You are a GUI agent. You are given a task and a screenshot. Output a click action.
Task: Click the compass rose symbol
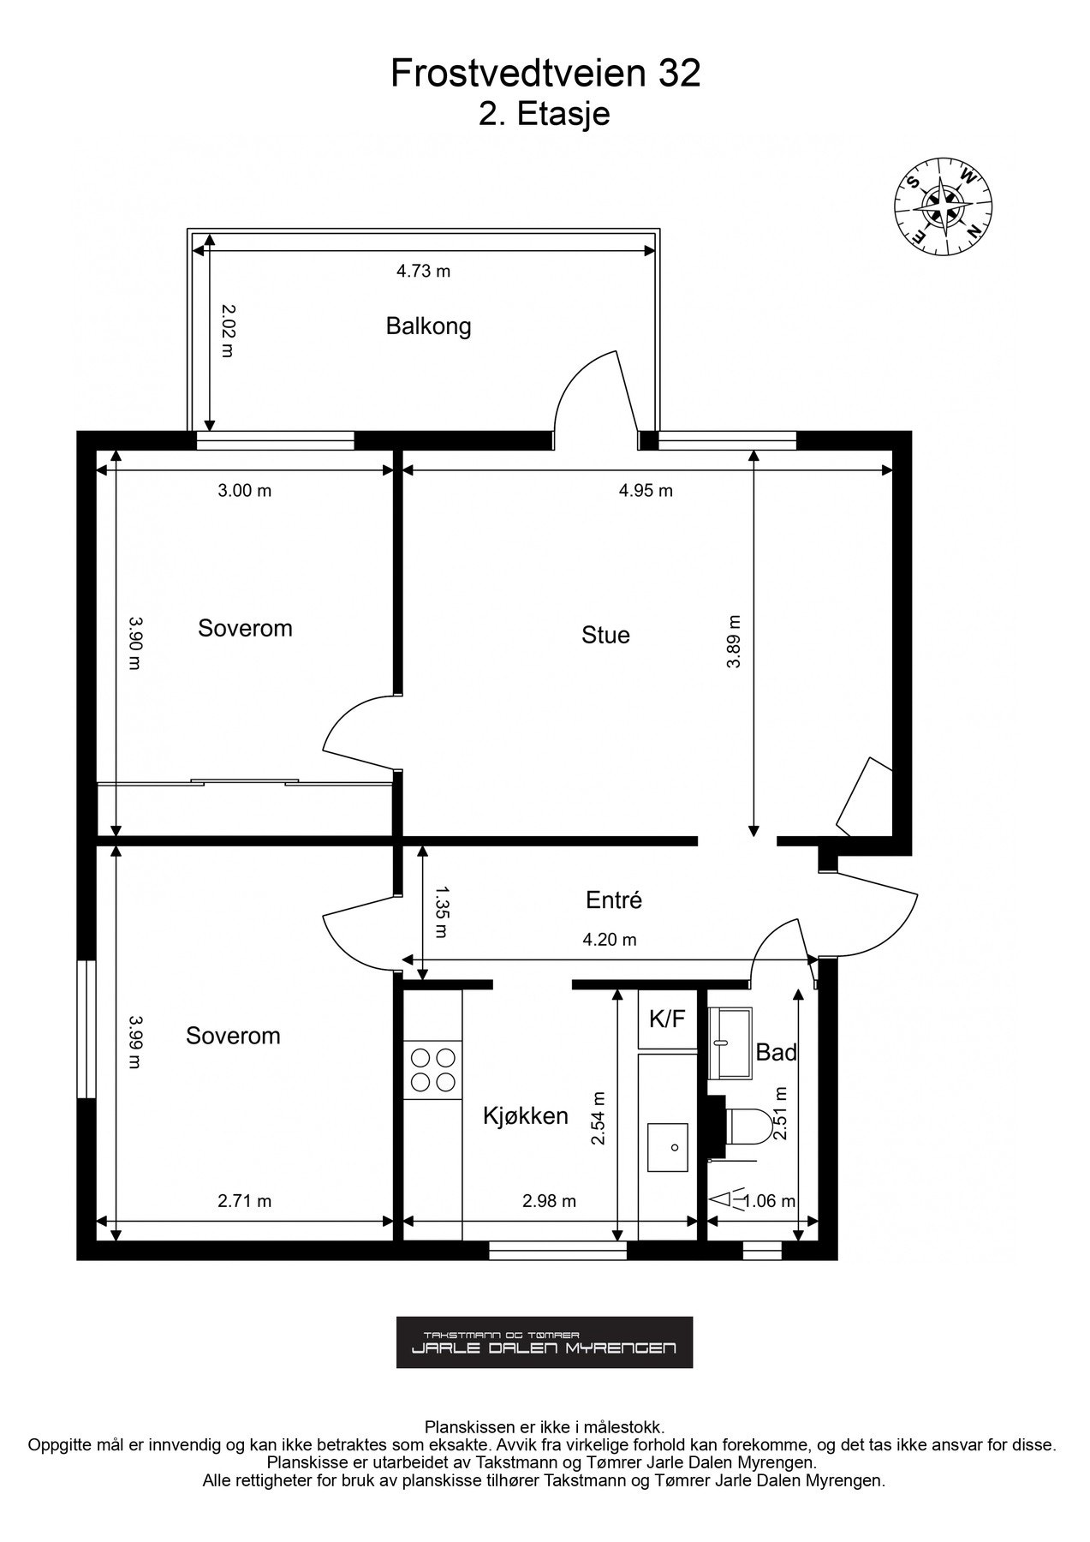[943, 204]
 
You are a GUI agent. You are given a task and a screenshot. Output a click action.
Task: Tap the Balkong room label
[428, 326]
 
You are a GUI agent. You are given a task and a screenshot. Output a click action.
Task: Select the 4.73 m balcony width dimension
[423, 272]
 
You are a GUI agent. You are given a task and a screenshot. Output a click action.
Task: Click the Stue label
[605, 635]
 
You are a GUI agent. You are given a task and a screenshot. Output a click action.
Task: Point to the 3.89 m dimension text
[734, 642]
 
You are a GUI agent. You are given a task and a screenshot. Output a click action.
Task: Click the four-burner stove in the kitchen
[432, 1069]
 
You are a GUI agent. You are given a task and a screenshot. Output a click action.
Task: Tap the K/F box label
[667, 1019]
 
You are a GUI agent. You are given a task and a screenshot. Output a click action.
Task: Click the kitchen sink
[667, 1147]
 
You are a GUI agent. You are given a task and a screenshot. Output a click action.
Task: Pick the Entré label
[613, 900]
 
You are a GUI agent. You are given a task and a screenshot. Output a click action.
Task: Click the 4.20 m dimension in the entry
[609, 940]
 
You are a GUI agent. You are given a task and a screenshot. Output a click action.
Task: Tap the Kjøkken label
[526, 1115]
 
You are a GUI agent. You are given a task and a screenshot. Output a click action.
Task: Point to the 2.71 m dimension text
[244, 1201]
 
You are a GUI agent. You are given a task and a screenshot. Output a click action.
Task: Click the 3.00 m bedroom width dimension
[244, 491]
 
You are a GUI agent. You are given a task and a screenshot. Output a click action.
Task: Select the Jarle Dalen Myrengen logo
[544, 1342]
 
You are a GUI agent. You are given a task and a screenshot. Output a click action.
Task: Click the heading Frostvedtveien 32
[545, 74]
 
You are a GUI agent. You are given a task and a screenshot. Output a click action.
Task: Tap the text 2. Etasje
[545, 114]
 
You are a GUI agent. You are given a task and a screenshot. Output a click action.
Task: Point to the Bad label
[776, 1052]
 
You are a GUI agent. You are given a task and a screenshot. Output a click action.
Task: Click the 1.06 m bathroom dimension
[769, 1202]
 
